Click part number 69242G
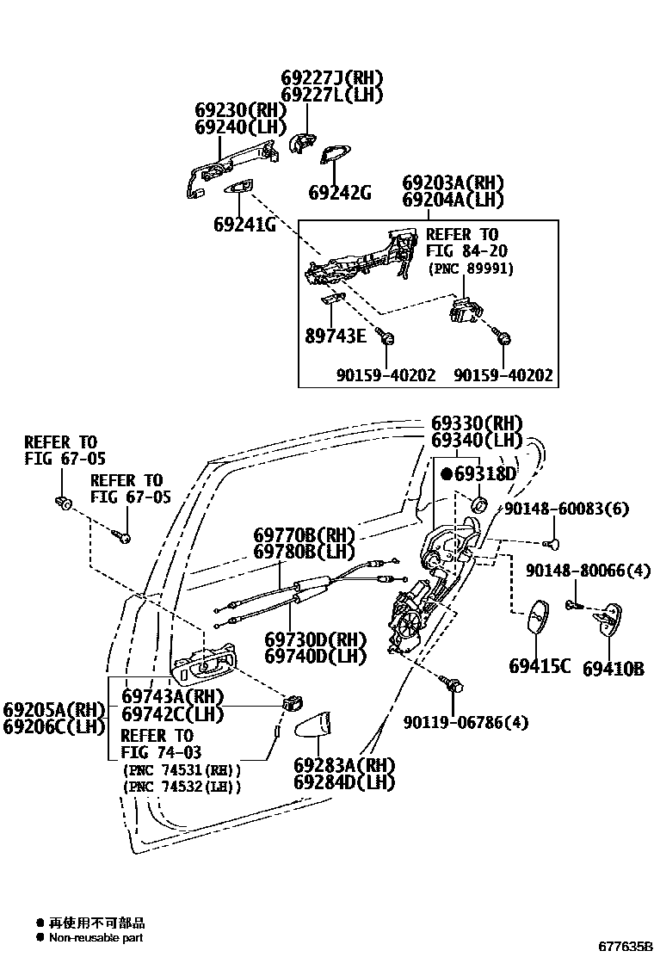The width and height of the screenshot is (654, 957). (x=340, y=192)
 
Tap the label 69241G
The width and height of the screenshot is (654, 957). (x=244, y=225)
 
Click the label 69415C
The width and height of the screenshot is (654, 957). (x=540, y=666)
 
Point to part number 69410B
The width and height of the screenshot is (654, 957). (x=613, y=668)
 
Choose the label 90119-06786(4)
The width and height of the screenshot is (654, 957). (x=466, y=722)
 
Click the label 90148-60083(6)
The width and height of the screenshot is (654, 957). (x=566, y=509)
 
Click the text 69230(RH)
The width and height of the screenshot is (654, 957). (x=228, y=110)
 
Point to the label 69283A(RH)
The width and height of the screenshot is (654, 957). (x=343, y=765)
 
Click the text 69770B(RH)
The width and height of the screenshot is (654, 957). (x=304, y=534)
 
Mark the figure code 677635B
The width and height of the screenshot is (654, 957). (x=626, y=946)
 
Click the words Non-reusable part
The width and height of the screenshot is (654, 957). (x=96, y=937)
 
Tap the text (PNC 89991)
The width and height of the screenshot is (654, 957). (x=470, y=269)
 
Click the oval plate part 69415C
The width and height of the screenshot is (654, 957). (x=536, y=618)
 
